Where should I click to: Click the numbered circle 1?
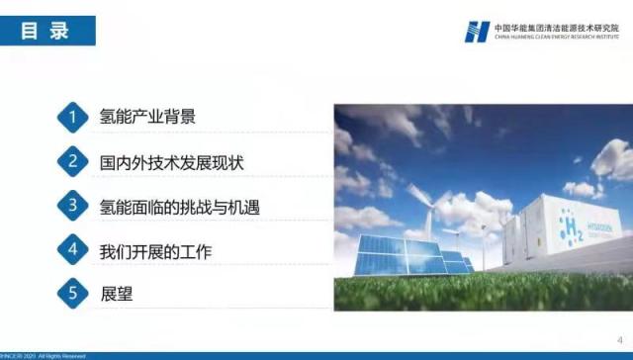click(72, 117)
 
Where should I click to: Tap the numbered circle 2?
click(72, 161)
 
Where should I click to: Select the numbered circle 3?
click(72, 206)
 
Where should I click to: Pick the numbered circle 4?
click(72, 251)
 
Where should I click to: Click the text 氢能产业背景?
click(147, 117)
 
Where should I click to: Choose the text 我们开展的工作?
click(155, 251)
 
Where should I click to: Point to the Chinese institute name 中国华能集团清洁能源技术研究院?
click(556, 27)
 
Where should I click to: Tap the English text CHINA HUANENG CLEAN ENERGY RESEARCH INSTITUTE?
click(556, 38)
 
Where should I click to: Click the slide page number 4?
click(619, 338)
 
